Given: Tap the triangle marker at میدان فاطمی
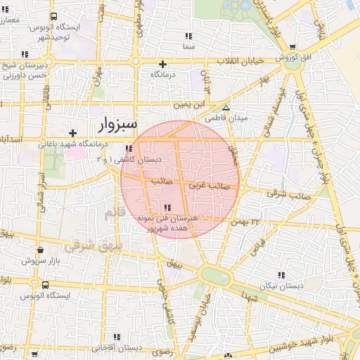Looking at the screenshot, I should (x=226, y=108).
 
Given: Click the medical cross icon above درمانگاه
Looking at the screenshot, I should (x=162, y=63).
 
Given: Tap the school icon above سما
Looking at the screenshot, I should (x=188, y=36).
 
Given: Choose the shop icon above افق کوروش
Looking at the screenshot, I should (x=292, y=47).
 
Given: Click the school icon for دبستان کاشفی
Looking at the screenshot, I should (x=128, y=149).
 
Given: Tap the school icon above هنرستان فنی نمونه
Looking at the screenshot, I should (x=167, y=208).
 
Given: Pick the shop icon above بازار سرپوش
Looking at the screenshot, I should (x=40, y=250).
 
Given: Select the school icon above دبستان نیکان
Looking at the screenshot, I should (x=282, y=275).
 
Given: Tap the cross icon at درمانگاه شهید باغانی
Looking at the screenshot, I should (x=72, y=133).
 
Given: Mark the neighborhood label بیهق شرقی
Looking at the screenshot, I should (x=84, y=246).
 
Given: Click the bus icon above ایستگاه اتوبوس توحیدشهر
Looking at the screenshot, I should (x=55, y=17).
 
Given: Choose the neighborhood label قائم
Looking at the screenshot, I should (x=112, y=212).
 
